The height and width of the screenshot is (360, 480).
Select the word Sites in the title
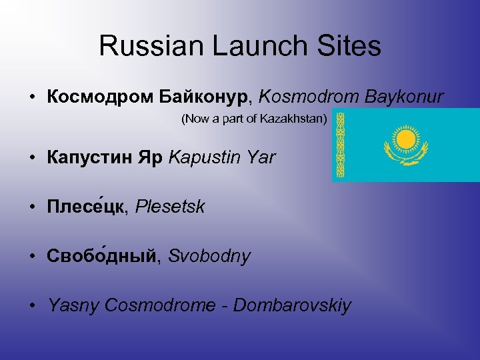(x=350, y=46)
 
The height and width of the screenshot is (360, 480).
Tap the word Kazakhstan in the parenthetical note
(x=299, y=120)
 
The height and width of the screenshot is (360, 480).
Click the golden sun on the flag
(x=404, y=141)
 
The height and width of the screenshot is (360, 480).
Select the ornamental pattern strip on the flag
(x=340, y=145)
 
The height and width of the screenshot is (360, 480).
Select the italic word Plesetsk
(x=170, y=207)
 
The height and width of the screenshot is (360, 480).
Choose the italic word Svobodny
(x=209, y=256)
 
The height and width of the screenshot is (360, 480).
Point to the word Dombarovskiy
(x=292, y=305)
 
